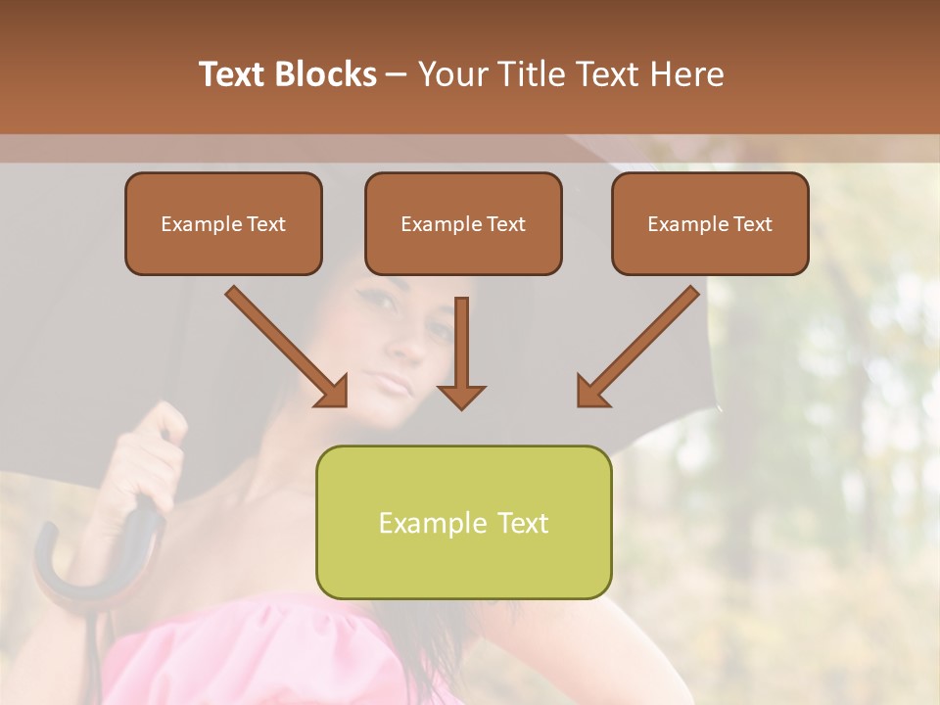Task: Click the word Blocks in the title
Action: [x=326, y=74]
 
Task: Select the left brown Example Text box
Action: [x=223, y=224]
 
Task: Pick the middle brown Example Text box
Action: [x=463, y=224]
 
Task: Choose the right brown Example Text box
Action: [x=710, y=224]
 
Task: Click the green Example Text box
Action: [x=463, y=523]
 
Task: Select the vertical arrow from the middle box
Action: [x=461, y=352]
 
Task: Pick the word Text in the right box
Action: [x=752, y=224]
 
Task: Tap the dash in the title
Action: [x=398, y=74]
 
